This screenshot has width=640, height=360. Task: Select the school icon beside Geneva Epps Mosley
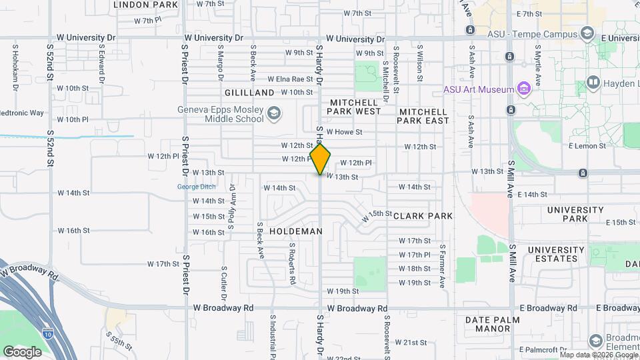273,114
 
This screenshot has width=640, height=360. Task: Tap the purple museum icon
523,89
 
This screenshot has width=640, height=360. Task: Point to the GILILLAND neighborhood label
250,93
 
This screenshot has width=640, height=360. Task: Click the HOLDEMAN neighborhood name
296,231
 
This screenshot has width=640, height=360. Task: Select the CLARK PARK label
423,216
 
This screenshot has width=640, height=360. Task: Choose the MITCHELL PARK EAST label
423,116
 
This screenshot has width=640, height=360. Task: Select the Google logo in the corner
22,351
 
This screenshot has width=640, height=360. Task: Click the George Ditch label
196,187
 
